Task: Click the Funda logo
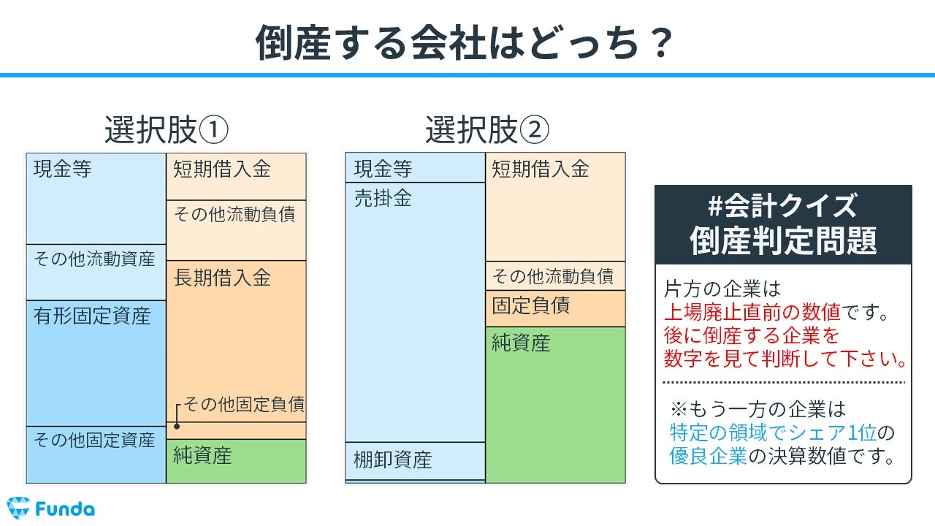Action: pyautogui.click(x=51, y=508)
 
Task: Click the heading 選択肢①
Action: pyautogui.click(x=166, y=130)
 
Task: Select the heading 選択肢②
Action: pyautogui.click(x=487, y=130)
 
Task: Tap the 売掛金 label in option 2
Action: pyautogui.click(x=383, y=198)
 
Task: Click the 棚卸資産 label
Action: pyautogui.click(x=393, y=460)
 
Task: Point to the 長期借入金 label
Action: pyautogui.click(x=222, y=278)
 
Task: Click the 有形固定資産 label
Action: pyautogui.click(x=92, y=316)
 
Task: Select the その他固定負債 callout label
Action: pyautogui.click(x=244, y=404)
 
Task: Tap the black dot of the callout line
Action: pyautogui.click(x=177, y=426)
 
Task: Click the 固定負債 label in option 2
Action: pyautogui.click(x=530, y=305)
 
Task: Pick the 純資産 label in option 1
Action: pyautogui.click(x=202, y=455)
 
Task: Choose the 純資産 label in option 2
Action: pyautogui.click(x=521, y=343)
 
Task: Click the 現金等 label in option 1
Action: pyautogui.click(x=63, y=169)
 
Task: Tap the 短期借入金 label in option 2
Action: pyautogui.click(x=540, y=169)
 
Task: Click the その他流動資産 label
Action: pyautogui.click(x=94, y=259)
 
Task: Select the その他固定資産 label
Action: pyautogui.click(x=94, y=440)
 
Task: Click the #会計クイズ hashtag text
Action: pyautogui.click(x=782, y=206)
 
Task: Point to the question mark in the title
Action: pyautogui.click(x=662, y=42)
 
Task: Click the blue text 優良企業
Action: pyautogui.click(x=709, y=456)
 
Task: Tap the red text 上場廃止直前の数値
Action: pyautogui.click(x=752, y=312)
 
